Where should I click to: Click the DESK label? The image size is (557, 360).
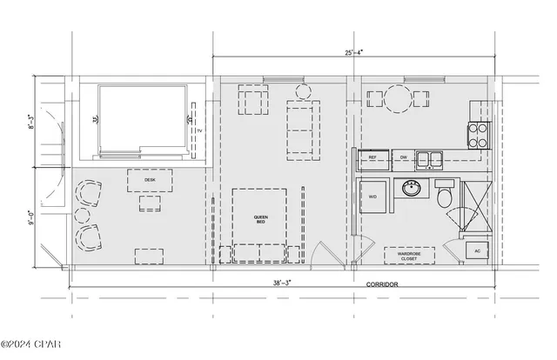pos(150,180)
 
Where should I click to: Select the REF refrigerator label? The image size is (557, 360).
pos(372,157)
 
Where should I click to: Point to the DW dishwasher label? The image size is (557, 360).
pos(403,157)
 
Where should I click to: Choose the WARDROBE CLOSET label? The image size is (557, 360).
pos(409,257)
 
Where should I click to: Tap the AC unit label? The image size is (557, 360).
pos(477,251)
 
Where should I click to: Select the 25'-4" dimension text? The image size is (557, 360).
pos(354,52)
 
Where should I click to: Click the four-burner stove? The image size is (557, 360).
pos(480,134)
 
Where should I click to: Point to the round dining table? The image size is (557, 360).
pos(401,97)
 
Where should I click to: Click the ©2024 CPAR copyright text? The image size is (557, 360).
pos(31,350)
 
